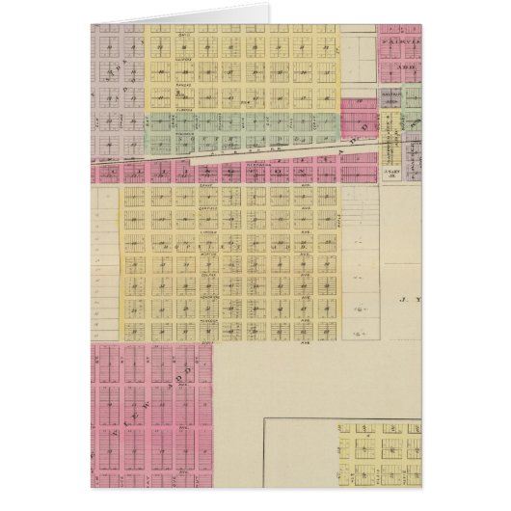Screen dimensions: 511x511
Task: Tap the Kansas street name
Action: pyautogui.click(x=182, y=83)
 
